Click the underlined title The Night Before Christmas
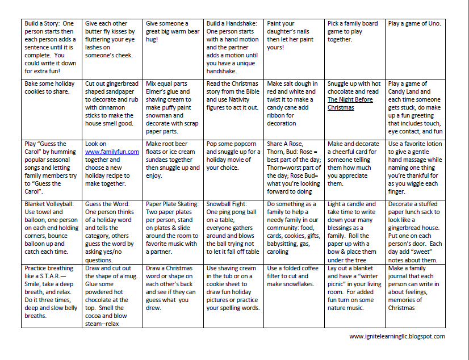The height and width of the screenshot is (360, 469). [348, 103]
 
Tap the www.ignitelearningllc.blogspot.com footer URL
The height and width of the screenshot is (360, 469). [397, 336]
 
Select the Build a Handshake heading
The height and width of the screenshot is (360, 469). [232, 24]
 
